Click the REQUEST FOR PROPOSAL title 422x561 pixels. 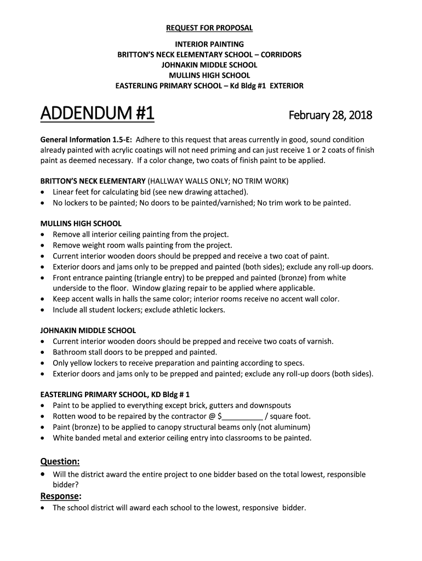[210, 28]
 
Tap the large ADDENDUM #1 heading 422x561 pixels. [97, 115]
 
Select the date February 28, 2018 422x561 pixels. [330, 116]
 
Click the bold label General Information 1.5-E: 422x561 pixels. [86, 140]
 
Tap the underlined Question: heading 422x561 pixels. [60, 461]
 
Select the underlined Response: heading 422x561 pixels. [61, 496]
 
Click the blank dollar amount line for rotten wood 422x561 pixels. [242, 416]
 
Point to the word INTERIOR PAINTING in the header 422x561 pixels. [209, 44]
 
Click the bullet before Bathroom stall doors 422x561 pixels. [43, 352]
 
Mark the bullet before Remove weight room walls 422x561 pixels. [43, 245]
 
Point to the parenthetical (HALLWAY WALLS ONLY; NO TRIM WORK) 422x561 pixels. [218, 181]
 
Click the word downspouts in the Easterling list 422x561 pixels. [270, 406]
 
